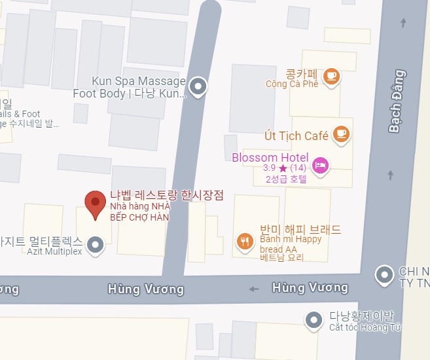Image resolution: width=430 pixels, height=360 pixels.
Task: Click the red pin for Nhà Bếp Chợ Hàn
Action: (x=96, y=204)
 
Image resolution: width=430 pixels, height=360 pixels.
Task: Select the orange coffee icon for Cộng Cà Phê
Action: (x=332, y=76)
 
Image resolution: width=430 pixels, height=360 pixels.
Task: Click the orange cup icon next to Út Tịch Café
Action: (x=340, y=134)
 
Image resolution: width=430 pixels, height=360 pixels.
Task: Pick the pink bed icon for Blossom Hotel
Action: (x=320, y=164)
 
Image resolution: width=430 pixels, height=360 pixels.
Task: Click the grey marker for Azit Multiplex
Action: (x=96, y=245)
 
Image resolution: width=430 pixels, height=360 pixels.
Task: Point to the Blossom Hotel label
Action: (x=270, y=157)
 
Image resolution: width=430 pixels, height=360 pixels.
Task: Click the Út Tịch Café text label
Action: (x=296, y=136)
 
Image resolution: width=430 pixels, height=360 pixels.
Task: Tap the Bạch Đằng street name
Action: (x=396, y=102)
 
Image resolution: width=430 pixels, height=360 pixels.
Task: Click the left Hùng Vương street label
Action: (x=146, y=289)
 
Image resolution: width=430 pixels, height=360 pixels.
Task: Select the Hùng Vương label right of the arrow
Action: (x=310, y=287)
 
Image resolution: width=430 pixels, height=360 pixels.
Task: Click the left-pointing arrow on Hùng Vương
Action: (x=255, y=289)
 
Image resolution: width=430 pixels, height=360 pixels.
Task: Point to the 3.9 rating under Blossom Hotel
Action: (x=269, y=168)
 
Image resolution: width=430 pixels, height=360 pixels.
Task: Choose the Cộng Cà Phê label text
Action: (x=292, y=84)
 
